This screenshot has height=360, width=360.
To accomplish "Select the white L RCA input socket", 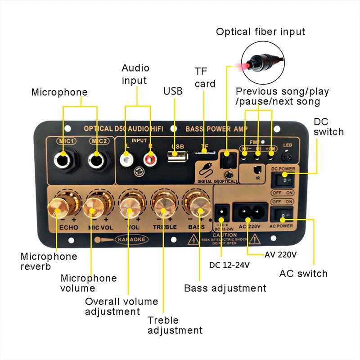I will click(x=126, y=158).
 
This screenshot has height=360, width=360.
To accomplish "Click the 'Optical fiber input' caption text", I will click(x=261, y=31).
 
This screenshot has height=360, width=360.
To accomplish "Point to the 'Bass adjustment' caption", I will click(x=225, y=288).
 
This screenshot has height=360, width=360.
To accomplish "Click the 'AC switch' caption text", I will click(x=303, y=273).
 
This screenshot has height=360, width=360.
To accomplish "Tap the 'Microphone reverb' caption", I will click(x=49, y=261).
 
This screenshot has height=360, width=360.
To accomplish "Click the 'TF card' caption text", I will click(x=205, y=77).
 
